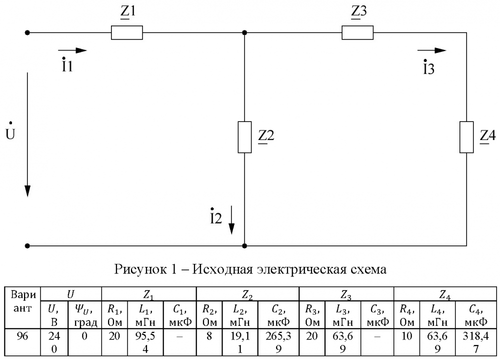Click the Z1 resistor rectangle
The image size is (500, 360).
[126, 33]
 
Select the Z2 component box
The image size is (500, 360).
[244, 136]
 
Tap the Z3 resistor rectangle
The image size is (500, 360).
[357, 33]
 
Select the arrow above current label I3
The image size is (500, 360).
[431, 50]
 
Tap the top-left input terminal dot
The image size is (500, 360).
[28, 33]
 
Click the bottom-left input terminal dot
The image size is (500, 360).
[28, 246]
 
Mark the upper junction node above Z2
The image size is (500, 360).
[244, 33]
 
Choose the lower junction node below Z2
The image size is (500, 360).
[244, 246]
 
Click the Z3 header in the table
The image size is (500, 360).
[346, 293]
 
